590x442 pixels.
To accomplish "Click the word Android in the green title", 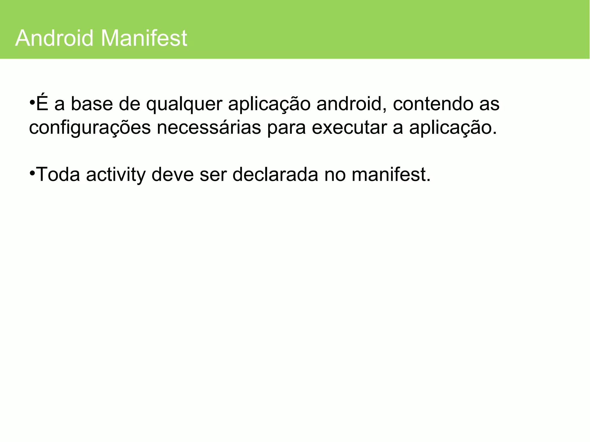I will pyautogui.click(x=54, y=38).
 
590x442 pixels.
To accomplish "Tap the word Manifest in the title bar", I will pyautogui.click(x=144, y=38).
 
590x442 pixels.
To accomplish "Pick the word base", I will pyautogui.click(x=92, y=104).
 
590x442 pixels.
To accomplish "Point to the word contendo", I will pyautogui.click(x=433, y=104).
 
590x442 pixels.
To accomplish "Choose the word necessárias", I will pyautogui.click(x=209, y=128).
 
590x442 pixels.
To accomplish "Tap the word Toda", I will pyautogui.click(x=58, y=175).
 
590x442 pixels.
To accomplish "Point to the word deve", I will pyautogui.click(x=172, y=175).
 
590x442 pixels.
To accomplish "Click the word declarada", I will pyautogui.click(x=275, y=175).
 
